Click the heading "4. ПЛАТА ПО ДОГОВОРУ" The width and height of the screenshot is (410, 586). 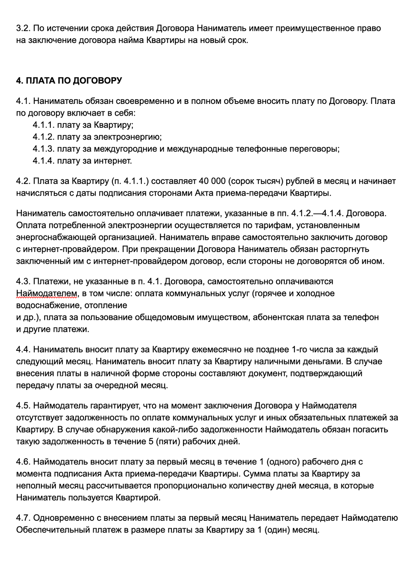point(69,80)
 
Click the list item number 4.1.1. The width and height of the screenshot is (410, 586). point(43,125)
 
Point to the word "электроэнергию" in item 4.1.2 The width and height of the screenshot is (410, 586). point(128,137)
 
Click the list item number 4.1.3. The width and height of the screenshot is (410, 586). point(43,149)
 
